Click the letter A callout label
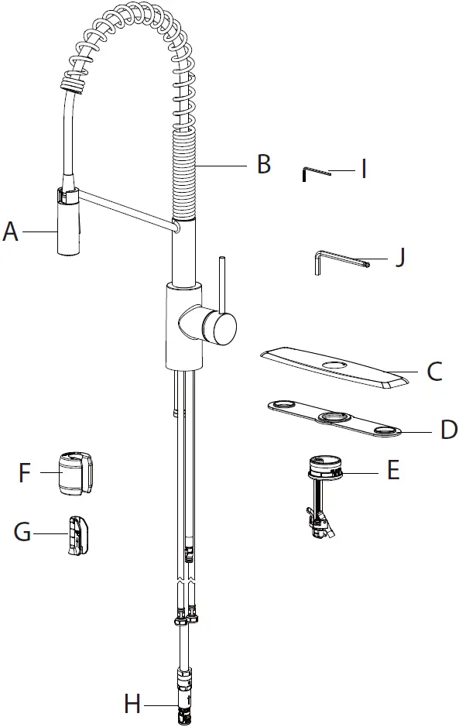[11, 231]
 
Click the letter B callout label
[264, 165]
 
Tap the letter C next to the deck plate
[435, 372]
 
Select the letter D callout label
[449, 430]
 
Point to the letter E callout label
[393, 470]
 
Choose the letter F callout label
[25, 473]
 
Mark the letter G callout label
[23, 532]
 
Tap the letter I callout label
[363, 168]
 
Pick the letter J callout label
[399, 256]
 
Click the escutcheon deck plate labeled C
[334, 365]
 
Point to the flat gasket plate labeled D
[333, 419]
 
